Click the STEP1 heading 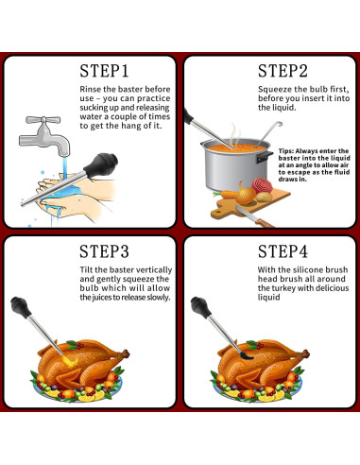(x=104, y=71)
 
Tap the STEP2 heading (x=283, y=71)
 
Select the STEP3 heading (x=104, y=251)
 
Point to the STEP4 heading (x=283, y=251)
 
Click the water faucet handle (x=43, y=120)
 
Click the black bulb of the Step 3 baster (x=21, y=307)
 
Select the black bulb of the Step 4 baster (x=200, y=307)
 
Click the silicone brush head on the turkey (x=247, y=355)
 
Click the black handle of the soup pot (x=264, y=157)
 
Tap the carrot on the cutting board (x=225, y=194)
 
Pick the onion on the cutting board (x=246, y=194)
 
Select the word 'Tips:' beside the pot (x=285, y=151)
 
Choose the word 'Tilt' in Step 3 (x=86, y=269)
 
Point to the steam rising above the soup (x=235, y=134)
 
